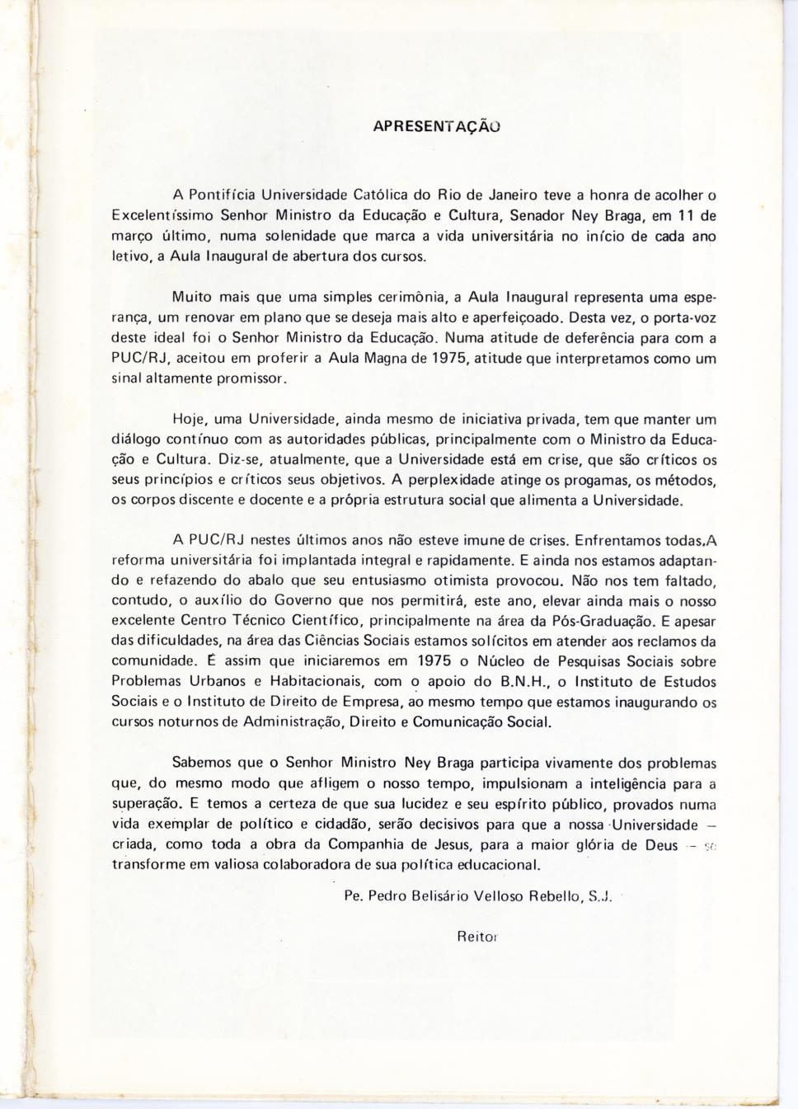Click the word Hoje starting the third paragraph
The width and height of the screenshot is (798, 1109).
coord(188,417)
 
